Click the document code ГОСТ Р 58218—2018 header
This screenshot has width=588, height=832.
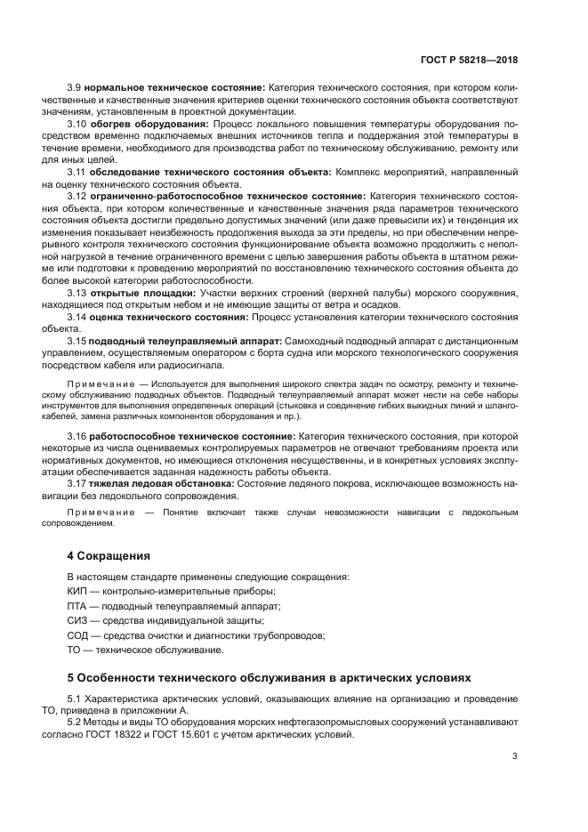[469, 60]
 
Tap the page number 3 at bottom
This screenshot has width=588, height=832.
[514, 756]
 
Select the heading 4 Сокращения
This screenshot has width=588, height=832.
[109, 555]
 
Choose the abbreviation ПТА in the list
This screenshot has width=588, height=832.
[78, 606]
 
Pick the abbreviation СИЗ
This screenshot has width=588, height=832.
[78, 620]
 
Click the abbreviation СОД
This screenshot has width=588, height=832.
[79, 634]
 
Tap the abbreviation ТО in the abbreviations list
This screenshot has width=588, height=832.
[75, 650]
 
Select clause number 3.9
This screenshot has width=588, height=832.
[75, 89]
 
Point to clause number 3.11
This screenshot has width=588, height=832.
[77, 171]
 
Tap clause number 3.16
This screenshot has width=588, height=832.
[77, 436]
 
